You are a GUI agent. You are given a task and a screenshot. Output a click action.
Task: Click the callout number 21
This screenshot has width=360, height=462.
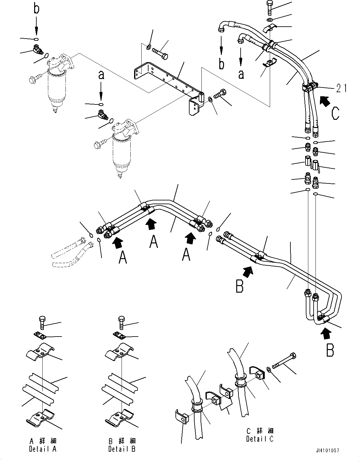point(341,89)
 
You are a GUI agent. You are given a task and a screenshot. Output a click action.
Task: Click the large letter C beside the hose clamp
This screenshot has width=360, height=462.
point(335,114)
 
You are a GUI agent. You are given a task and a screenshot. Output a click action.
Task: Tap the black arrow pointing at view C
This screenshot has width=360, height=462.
point(325,101)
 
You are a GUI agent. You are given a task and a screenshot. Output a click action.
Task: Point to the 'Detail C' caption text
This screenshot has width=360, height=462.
point(260,435)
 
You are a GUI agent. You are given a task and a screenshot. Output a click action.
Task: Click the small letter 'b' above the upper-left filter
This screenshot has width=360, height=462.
point(36,9)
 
